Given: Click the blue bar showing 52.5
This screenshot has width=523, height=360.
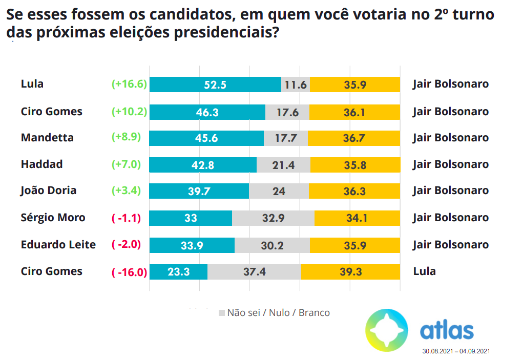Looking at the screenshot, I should click(x=215, y=84).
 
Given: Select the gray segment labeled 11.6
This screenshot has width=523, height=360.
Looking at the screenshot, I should click(x=296, y=84).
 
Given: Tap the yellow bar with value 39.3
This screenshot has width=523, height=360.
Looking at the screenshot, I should click(x=350, y=271).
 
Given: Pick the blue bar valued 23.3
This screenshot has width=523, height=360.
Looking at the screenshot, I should click(x=178, y=271).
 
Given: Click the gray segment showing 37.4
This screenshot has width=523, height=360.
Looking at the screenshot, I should click(x=254, y=271).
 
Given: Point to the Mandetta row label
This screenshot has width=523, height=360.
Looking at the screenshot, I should click(x=47, y=138).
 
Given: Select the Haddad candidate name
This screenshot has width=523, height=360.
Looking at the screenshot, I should click(x=41, y=164).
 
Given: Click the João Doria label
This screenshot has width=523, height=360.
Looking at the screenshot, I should click(x=49, y=190).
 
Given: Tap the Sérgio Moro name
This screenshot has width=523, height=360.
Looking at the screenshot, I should click(x=53, y=218).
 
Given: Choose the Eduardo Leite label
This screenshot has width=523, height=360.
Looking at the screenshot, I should click(x=58, y=244).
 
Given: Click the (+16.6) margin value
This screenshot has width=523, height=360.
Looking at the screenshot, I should click(x=129, y=84).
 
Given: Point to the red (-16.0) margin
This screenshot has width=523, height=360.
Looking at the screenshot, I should click(x=129, y=271).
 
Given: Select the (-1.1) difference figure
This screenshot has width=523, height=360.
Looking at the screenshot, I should click(x=126, y=218).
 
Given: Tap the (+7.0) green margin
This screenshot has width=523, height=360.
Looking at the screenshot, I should click(x=126, y=164).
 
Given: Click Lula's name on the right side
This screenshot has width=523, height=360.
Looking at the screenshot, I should click(x=424, y=271).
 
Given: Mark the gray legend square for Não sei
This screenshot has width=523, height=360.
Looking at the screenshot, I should click(x=221, y=313).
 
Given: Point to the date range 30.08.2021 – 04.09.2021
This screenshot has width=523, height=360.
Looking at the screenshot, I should click(x=456, y=351).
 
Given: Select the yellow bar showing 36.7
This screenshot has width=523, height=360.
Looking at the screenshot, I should click(x=354, y=138).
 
